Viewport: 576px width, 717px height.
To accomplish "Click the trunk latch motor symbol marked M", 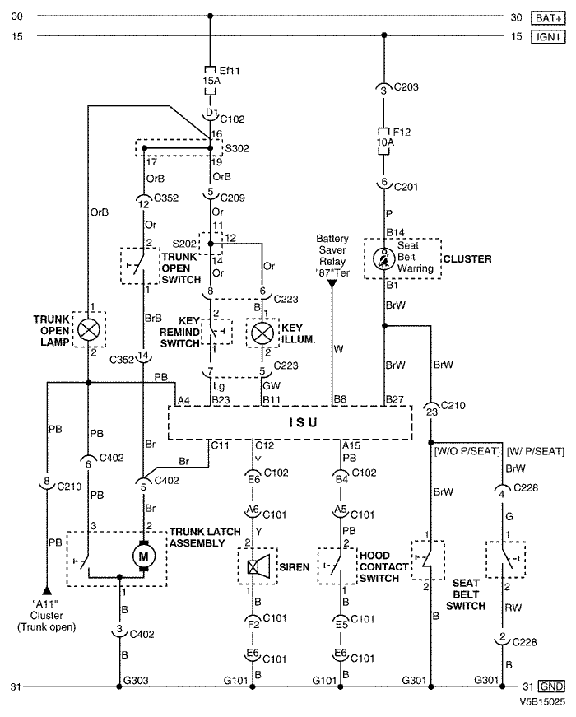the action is click(143, 556).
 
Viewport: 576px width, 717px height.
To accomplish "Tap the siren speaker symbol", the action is click(258, 567).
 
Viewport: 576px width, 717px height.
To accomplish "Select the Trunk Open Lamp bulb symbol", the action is click(89, 329).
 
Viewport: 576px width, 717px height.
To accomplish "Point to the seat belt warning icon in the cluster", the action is click(384, 258).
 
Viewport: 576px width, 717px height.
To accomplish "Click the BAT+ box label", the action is click(548, 18).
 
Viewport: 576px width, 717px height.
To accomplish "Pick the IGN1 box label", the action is click(548, 36).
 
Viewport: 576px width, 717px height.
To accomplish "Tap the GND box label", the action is click(551, 687).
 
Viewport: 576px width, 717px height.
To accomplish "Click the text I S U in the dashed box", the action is click(303, 422).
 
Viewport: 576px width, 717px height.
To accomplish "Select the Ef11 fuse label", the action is click(230, 71).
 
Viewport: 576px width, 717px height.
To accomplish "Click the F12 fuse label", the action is click(402, 133).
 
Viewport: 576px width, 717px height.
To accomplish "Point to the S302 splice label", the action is click(237, 148).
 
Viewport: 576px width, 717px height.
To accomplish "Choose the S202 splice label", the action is click(184, 244).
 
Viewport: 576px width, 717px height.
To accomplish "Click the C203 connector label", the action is click(406, 87).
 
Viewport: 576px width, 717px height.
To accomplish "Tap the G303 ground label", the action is click(136, 681).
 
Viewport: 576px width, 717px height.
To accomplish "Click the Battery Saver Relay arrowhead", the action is click(332, 284).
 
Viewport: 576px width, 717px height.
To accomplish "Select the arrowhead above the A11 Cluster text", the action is click(47, 590).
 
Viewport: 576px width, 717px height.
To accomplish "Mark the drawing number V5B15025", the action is click(541, 702).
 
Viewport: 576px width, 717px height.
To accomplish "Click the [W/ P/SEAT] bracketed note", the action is click(536, 452).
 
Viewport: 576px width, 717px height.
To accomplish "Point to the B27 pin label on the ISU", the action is click(394, 399).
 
